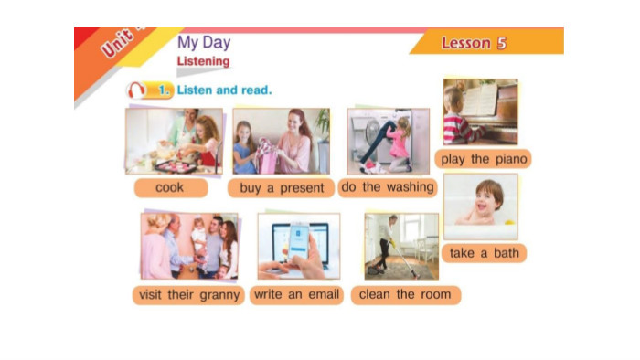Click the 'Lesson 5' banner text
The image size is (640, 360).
coord(474,43)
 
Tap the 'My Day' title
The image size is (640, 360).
coord(204,42)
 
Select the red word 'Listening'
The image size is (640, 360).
coord(203,61)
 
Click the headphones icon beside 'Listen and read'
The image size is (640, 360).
coord(136,90)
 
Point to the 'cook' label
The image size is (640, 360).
coord(171,188)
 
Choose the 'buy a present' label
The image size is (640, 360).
coord(282,188)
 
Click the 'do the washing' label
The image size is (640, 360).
coord(388,187)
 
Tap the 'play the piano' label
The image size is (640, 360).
coord(484,159)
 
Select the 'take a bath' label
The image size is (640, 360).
coord(484,253)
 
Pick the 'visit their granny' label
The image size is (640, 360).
coord(188,295)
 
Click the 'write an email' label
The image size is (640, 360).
coord(297,294)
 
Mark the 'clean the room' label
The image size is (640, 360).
coord(405,294)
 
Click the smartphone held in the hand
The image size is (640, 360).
coord(298,241)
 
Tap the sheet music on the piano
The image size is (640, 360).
coord(480,100)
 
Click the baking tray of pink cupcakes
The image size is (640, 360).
coord(176,166)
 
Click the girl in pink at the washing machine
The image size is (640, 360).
coord(398,144)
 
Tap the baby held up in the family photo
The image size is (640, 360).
coord(199,237)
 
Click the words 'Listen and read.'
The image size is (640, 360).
coord(224,90)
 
